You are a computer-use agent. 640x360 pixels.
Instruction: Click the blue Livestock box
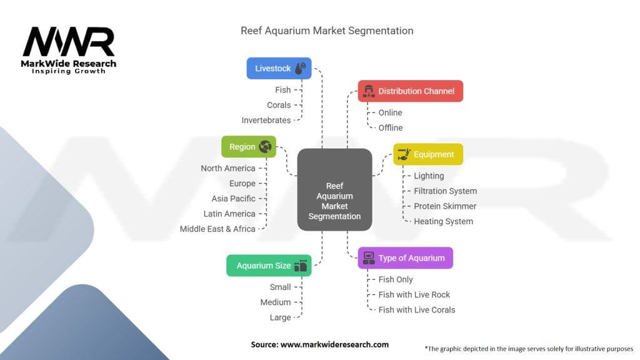(x=279, y=68)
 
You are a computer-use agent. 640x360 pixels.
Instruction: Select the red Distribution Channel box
(x=410, y=91)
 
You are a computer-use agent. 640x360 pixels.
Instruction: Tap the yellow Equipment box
(x=428, y=154)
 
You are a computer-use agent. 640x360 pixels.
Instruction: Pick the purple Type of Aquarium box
(x=405, y=257)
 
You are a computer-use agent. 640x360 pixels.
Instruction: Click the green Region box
(x=249, y=147)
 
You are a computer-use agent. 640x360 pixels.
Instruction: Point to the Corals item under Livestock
(x=279, y=105)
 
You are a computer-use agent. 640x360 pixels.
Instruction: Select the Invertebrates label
(x=266, y=120)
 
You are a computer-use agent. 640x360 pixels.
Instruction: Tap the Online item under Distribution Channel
(x=390, y=112)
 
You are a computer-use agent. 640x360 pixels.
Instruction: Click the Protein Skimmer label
(x=445, y=206)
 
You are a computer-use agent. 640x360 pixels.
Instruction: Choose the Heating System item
(x=443, y=221)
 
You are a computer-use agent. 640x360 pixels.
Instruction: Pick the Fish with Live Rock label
(x=414, y=294)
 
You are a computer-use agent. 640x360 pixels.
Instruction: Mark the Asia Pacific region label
(x=233, y=199)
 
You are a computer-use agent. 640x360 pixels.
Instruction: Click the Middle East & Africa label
(x=217, y=229)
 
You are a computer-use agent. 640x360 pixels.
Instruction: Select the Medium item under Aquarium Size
(x=276, y=302)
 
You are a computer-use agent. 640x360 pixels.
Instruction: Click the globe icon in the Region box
(x=265, y=147)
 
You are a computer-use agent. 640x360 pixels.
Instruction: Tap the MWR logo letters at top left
(x=69, y=42)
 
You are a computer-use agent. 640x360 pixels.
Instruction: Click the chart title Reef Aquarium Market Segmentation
(x=327, y=31)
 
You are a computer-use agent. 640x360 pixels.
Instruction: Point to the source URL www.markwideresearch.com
(x=320, y=344)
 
